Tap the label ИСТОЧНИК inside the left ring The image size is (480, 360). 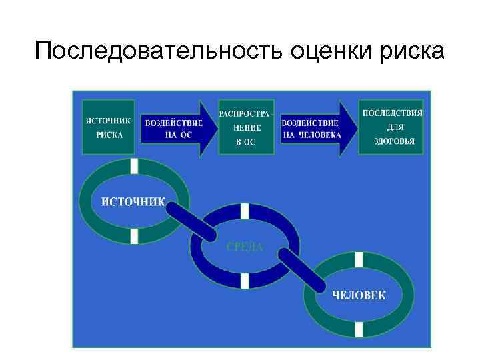point(133,201)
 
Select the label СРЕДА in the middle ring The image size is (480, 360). point(245,247)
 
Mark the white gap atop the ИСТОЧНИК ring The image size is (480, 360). point(135,166)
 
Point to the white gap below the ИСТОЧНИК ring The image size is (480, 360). point(135,235)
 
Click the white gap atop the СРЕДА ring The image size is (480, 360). point(245,211)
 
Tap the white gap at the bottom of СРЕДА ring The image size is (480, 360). point(245,281)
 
